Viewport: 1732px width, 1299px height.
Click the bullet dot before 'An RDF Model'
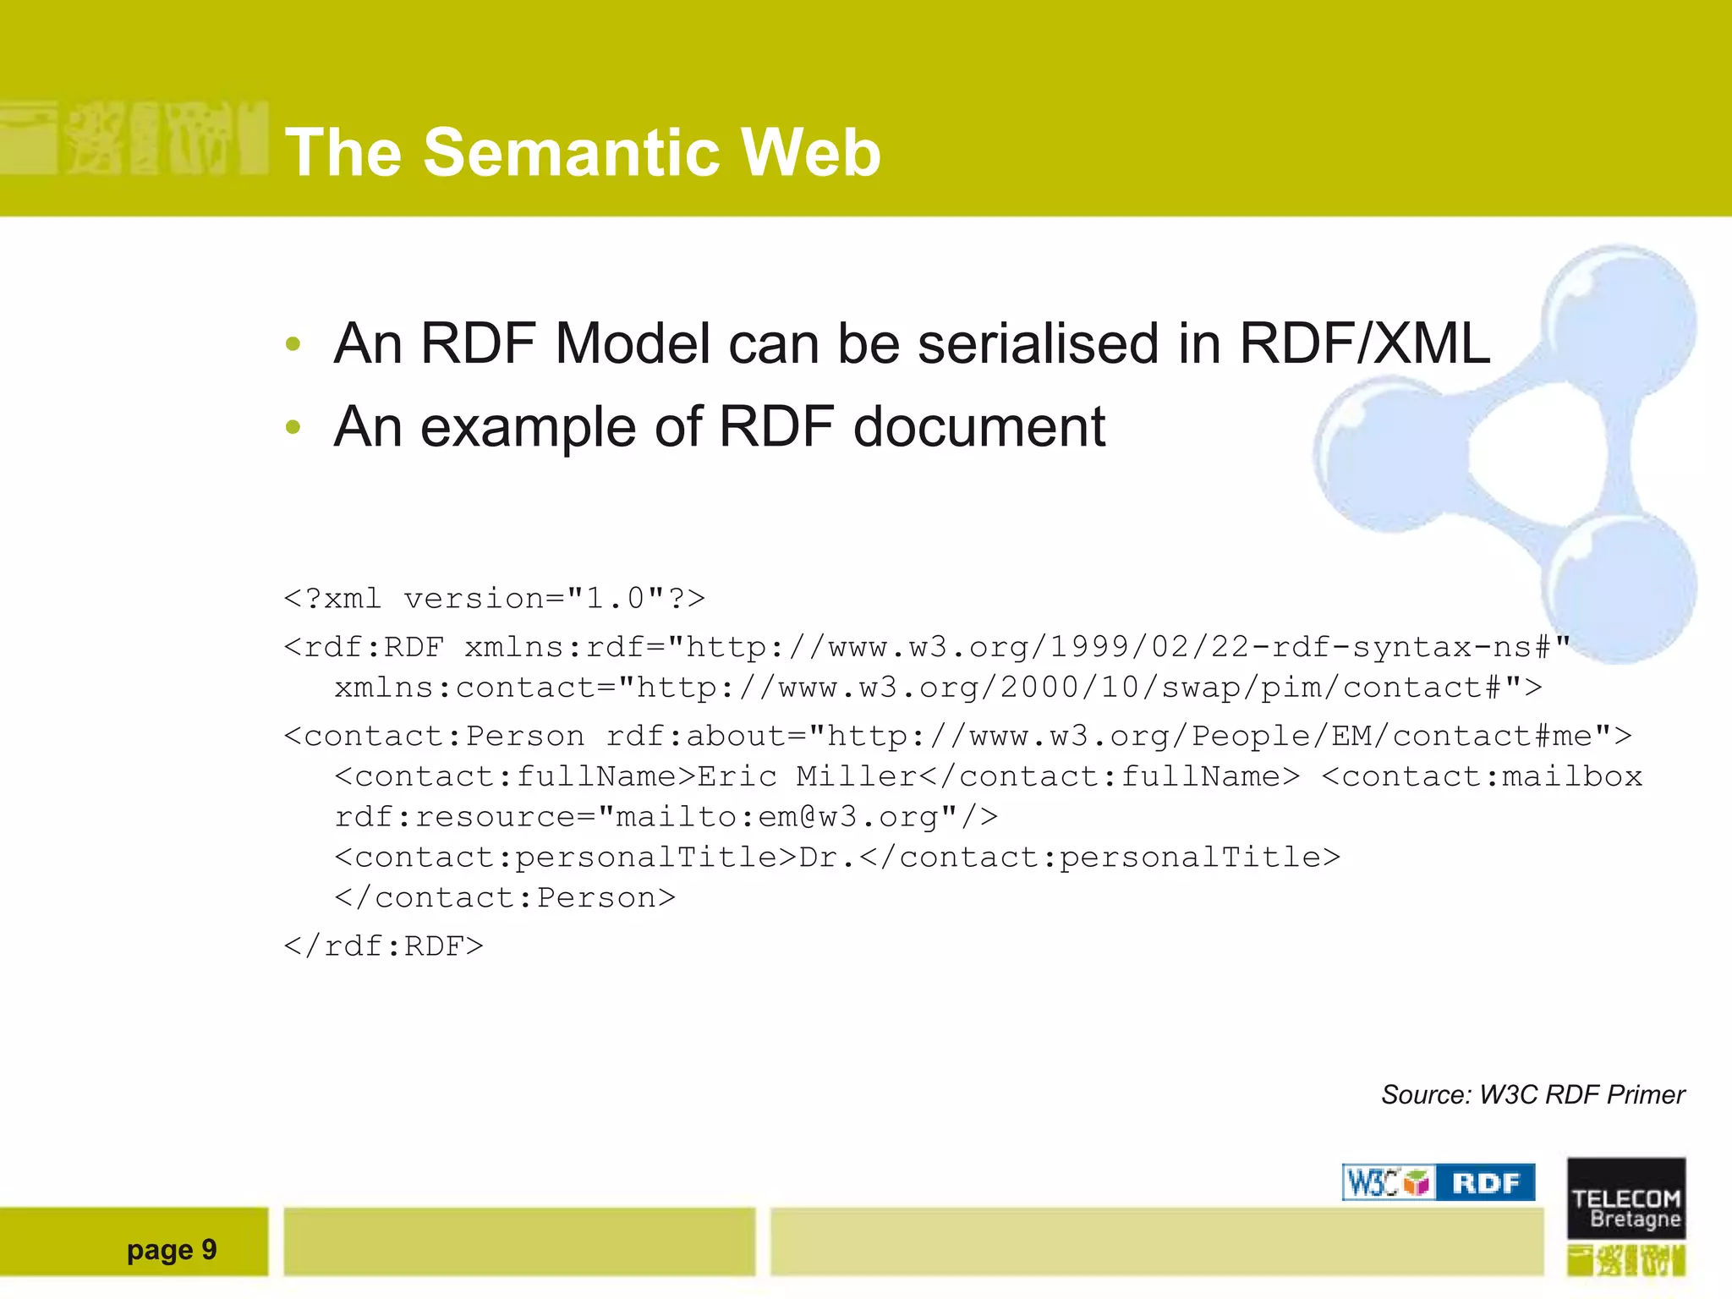pos(293,344)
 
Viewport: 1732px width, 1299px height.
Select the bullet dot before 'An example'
pos(293,427)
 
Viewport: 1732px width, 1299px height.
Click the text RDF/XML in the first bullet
pos(1363,344)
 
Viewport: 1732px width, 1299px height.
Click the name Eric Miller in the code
pos(807,776)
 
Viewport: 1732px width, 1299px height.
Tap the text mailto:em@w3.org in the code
pos(776,817)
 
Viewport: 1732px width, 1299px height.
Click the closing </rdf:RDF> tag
pos(383,946)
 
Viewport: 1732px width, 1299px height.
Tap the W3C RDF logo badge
pos(1438,1182)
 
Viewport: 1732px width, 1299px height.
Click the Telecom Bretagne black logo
pos(1625,1198)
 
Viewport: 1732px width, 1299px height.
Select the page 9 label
pos(172,1250)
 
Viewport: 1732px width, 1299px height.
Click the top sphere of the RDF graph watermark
pos(1617,317)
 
